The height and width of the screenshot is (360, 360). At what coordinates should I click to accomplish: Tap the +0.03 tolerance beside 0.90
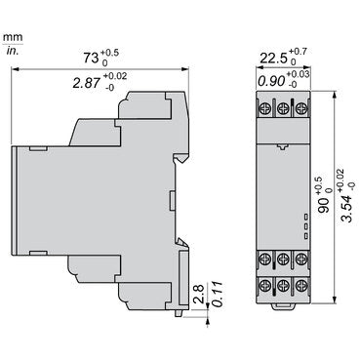point(300,74)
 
